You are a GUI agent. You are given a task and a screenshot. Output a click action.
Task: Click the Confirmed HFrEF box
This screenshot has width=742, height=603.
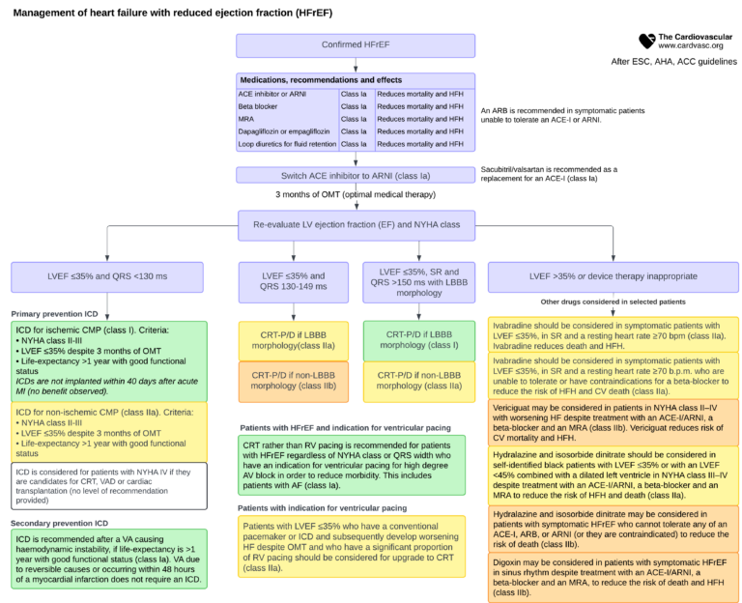(356, 45)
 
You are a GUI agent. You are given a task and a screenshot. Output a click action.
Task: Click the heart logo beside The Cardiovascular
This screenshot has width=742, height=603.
(646, 41)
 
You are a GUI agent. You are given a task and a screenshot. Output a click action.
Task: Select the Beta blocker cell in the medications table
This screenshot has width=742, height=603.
(287, 106)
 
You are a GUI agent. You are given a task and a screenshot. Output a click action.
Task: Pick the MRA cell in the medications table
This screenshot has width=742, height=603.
(287, 119)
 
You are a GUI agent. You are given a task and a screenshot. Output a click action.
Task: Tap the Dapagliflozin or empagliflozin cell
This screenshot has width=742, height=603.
(287, 131)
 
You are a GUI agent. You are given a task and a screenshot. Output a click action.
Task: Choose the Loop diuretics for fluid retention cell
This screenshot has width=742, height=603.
(287, 144)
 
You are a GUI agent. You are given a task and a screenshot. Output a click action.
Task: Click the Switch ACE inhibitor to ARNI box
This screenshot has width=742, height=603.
(356, 175)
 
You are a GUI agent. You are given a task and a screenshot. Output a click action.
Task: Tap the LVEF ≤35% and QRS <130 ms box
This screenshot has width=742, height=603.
(107, 275)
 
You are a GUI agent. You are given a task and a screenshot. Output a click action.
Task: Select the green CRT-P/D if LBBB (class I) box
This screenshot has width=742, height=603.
(419, 339)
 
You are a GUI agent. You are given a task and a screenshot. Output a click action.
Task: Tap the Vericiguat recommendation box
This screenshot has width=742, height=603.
(614, 422)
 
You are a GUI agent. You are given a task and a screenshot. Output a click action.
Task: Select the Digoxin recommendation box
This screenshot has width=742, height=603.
(614, 574)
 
